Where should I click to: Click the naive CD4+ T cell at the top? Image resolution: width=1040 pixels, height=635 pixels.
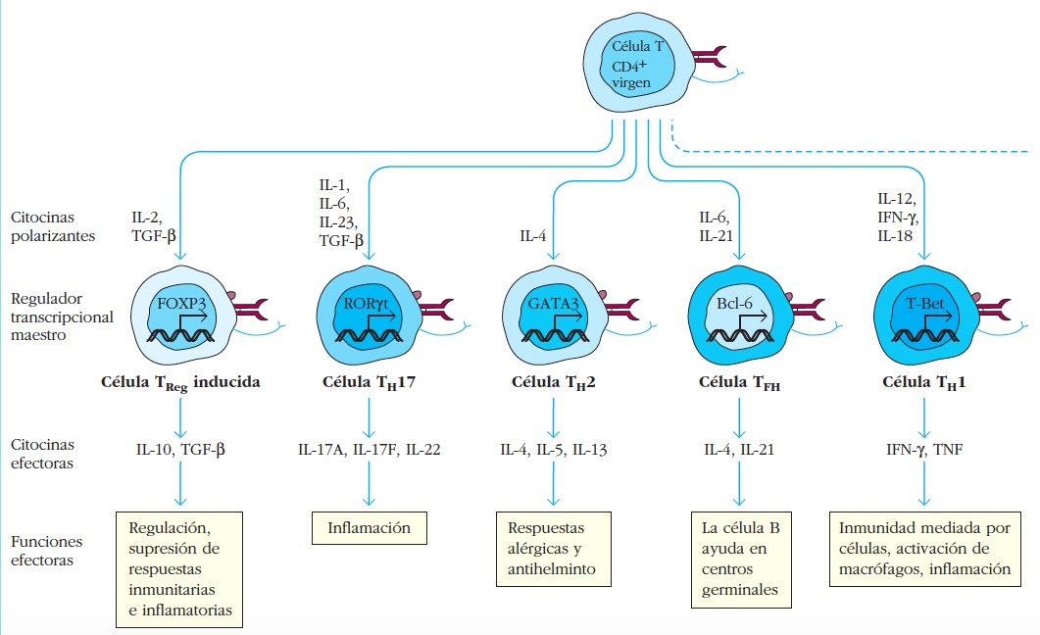[643, 63]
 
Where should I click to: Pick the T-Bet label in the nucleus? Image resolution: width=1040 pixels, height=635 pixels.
[924, 303]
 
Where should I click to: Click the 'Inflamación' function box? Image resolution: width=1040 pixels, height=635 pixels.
[370, 528]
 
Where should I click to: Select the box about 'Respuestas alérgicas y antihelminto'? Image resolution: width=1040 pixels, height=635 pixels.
[553, 547]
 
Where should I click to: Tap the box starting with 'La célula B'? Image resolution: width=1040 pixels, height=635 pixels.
[740, 559]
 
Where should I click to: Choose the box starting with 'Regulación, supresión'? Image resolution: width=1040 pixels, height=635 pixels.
[179, 568]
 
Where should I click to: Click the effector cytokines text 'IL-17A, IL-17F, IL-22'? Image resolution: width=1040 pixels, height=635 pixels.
[369, 449]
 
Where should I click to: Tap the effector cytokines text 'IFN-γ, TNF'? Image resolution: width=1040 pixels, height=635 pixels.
[923, 449]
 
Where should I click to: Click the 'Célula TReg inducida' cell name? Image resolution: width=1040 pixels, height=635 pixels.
[181, 382]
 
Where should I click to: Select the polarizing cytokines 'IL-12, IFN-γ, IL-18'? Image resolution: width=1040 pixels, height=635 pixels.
[898, 217]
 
